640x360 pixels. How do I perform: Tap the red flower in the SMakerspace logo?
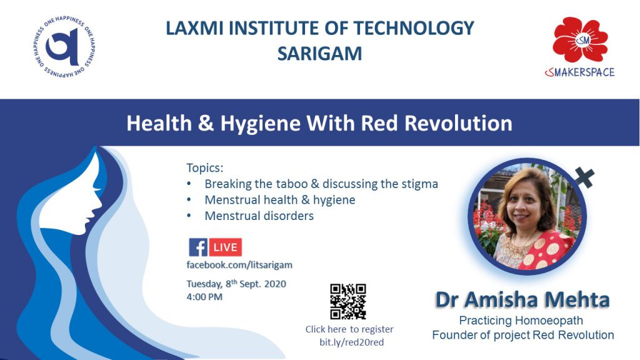click(x=580, y=40)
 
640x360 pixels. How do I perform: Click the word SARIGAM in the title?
click(x=319, y=54)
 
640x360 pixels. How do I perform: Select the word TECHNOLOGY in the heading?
click(x=414, y=28)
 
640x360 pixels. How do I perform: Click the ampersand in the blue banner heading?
click(x=206, y=123)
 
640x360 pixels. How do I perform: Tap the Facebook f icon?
click(x=198, y=247)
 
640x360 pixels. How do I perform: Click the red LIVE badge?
click(x=225, y=247)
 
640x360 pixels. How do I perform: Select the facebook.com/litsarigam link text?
click(x=239, y=265)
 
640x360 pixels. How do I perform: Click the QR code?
click(x=348, y=302)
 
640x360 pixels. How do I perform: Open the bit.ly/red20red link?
click(x=351, y=342)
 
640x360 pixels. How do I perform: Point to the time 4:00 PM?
click(x=204, y=297)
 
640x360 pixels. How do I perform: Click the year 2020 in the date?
click(x=275, y=284)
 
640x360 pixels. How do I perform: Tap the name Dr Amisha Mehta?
click(x=522, y=299)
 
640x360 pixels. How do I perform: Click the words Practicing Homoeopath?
click(x=521, y=321)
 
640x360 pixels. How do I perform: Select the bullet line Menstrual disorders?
click(x=259, y=216)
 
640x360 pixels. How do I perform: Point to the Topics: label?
click(x=205, y=168)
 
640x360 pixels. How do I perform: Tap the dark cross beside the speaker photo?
click(x=585, y=177)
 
